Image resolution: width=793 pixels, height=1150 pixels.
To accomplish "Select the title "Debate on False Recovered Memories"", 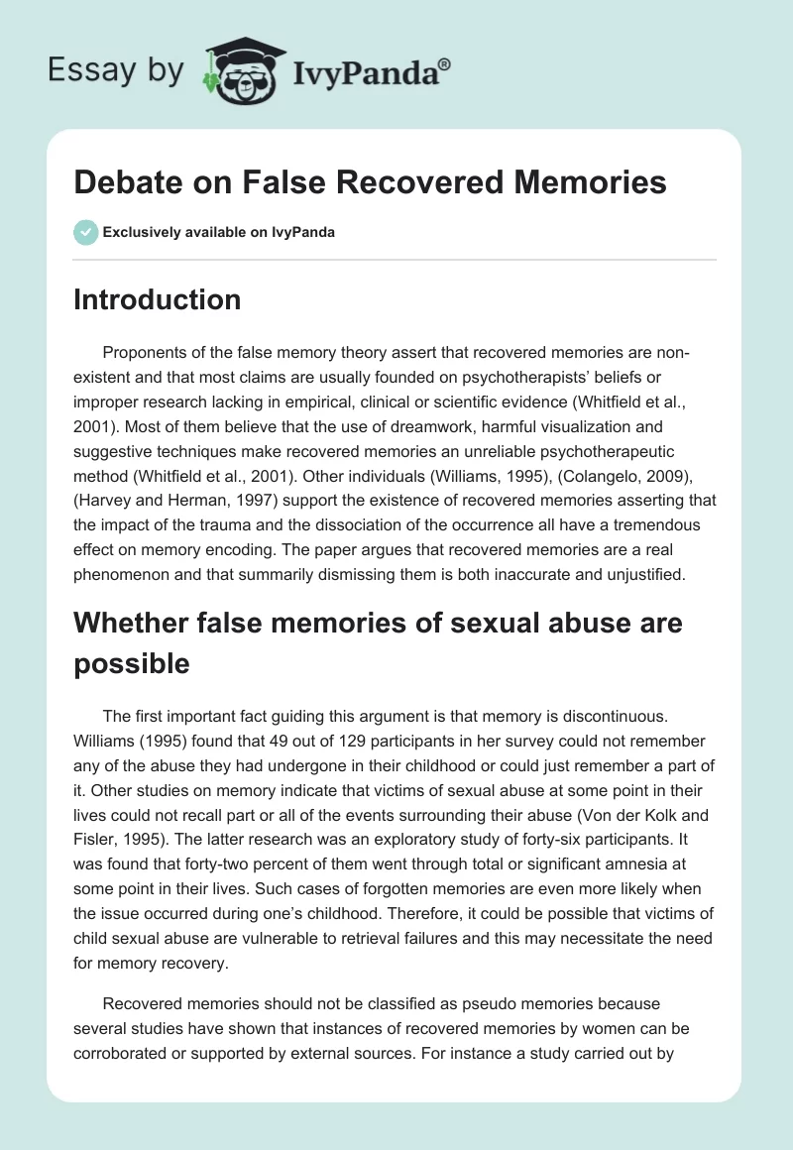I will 370,183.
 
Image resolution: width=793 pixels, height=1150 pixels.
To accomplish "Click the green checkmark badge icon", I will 85,233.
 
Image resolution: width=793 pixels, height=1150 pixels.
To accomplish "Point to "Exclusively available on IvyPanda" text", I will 219,233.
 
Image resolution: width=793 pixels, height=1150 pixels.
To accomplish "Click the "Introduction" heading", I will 157,299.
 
